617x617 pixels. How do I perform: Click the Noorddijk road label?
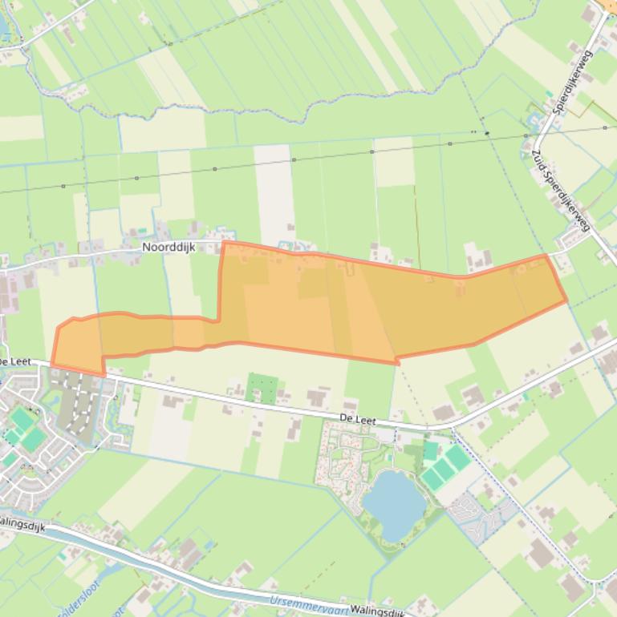(169, 248)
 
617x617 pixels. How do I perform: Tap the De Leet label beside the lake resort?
(358, 419)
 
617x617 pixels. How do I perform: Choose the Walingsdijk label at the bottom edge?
(377, 610)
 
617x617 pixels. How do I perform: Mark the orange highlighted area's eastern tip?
(566, 301)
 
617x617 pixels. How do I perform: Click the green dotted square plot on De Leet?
(262, 388)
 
